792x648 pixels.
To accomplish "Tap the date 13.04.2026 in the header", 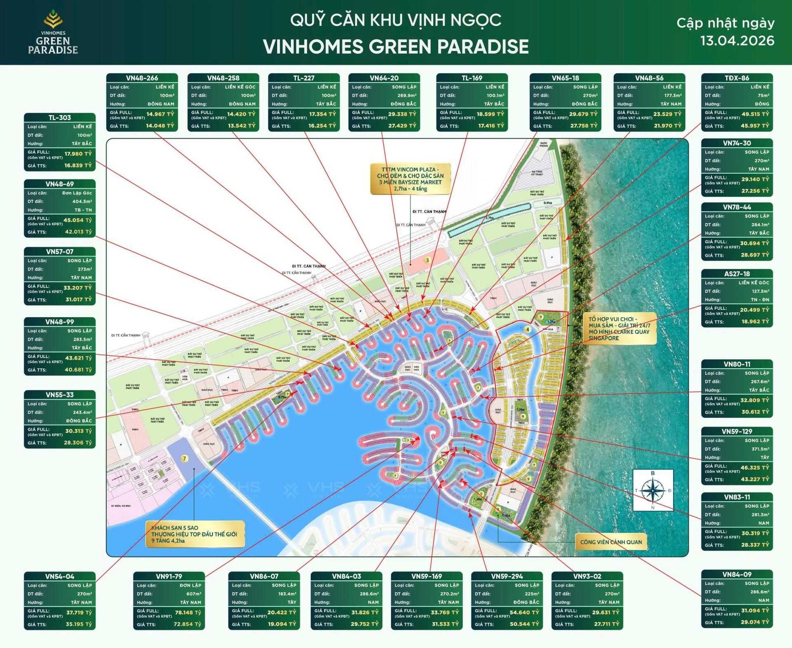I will (737, 41).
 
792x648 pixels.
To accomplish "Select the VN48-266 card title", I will (142, 78).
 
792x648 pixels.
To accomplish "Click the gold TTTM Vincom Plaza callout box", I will (410, 179).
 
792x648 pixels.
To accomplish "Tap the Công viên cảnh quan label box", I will (611, 542).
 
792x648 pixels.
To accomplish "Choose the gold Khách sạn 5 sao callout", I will (195, 534).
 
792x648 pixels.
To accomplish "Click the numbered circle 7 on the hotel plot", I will (184, 459).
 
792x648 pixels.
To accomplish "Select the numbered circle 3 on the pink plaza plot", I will (427, 260).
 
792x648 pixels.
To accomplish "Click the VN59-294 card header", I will (507, 576).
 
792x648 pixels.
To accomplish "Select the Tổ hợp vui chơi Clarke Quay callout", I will (619, 329).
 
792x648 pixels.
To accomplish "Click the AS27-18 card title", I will (737, 274).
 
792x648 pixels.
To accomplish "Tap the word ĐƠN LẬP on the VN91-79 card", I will (190, 585).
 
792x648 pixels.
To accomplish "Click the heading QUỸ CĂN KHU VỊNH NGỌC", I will (396, 20).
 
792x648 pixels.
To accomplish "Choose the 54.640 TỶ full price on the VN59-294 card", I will (524, 613).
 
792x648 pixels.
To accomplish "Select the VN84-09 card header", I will (737, 574).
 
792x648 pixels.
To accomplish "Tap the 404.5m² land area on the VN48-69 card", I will (82, 201).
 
